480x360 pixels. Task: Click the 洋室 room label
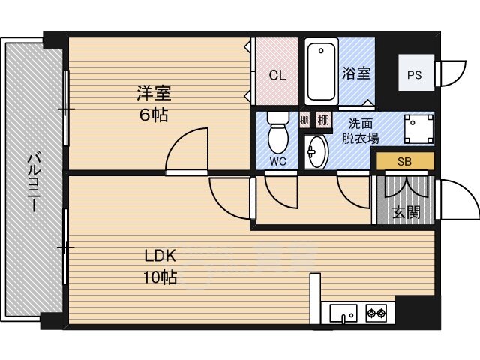(154, 93)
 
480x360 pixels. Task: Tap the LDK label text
(160, 256)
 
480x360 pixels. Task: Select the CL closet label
(277, 75)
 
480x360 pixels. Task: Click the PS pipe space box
(416, 73)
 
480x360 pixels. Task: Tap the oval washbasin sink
(316, 151)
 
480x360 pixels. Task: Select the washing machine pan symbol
(418, 129)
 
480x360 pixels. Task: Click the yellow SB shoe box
(405, 161)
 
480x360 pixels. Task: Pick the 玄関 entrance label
(406, 212)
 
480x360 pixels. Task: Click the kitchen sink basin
(343, 313)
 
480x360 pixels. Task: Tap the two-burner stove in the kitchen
(376, 313)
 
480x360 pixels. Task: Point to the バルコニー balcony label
(33, 183)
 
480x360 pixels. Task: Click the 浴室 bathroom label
(356, 73)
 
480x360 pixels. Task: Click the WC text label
(278, 161)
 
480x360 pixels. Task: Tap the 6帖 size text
(154, 115)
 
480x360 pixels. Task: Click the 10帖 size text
(160, 277)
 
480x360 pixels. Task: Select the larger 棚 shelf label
(323, 120)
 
